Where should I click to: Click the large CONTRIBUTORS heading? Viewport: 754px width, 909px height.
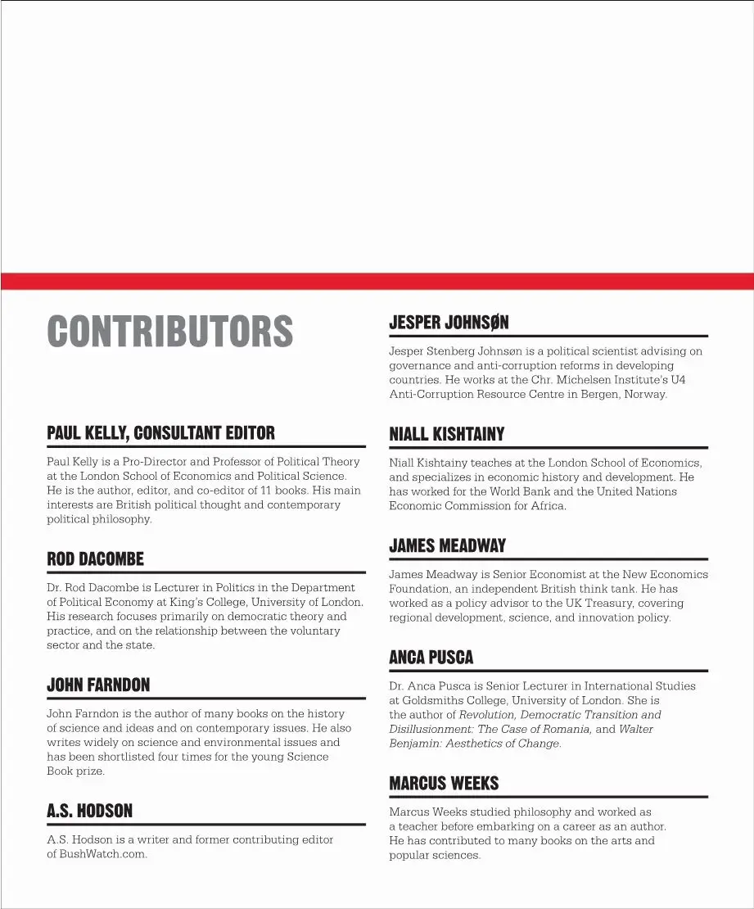(169, 331)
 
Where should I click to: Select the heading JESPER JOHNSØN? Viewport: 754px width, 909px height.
(449, 323)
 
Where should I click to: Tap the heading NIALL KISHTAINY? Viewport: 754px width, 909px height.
(446, 434)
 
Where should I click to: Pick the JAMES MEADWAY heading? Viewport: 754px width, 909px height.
(447, 545)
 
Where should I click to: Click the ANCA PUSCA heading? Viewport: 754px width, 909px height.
(431, 658)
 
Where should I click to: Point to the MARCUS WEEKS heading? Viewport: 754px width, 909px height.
(444, 784)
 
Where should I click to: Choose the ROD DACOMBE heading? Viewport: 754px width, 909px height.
(95, 559)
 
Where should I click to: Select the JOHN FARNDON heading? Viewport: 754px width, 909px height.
(98, 685)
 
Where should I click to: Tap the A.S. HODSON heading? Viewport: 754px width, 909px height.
(89, 812)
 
